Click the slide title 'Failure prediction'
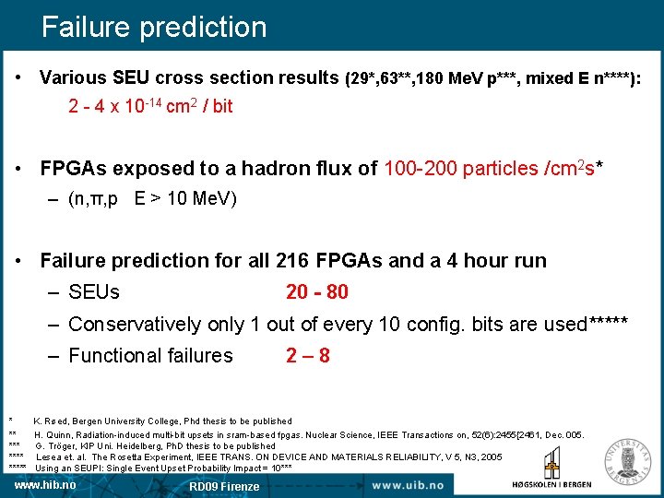point(154,26)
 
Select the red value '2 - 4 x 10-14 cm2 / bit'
point(150,106)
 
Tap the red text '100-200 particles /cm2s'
point(489,168)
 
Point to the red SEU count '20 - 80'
point(317,292)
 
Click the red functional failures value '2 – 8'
point(308,355)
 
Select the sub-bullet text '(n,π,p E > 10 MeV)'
point(152,198)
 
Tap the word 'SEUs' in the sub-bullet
point(94,292)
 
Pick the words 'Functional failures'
point(150,355)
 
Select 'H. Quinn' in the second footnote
point(54,433)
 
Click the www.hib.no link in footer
point(45,484)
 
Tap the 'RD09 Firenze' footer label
point(224,486)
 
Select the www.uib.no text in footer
point(407,485)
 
